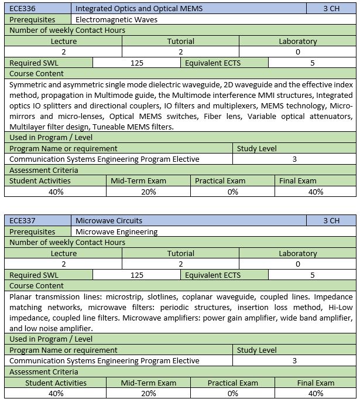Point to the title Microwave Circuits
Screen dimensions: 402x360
click(109, 221)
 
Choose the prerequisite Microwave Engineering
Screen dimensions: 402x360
click(116, 231)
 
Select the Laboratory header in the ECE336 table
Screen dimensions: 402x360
click(297, 42)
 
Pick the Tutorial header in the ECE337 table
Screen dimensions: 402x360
click(181, 254)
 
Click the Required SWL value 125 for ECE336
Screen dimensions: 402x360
click(136, 63)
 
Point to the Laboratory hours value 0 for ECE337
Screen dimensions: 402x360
click(297, 264)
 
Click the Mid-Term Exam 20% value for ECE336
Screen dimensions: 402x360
click(149, 192)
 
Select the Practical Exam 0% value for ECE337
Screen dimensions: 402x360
click(232, 393)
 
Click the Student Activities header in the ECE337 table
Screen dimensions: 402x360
click(56, 383)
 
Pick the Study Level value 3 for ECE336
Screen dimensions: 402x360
click(294, 159)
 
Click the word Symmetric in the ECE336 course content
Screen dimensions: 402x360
click(29, 84)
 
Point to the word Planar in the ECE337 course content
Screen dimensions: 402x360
click(22, 297)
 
